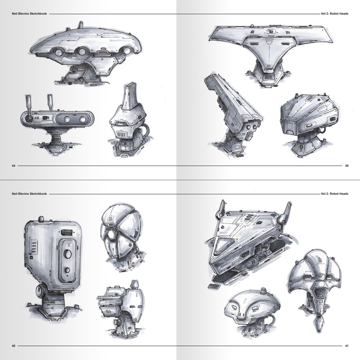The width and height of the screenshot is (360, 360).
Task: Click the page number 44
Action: (13, 166)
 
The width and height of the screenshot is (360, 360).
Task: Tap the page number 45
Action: (347, 166)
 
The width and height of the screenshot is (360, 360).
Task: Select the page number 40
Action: (13, 346)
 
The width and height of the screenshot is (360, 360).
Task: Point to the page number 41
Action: (347, 346)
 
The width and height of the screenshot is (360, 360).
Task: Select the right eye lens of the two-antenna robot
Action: (82, 119)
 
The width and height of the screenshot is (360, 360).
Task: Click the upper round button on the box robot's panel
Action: (67, 254)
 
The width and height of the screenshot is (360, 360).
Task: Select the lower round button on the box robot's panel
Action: (67, 270)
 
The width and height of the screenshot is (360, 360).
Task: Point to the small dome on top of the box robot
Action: (41, 219)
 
